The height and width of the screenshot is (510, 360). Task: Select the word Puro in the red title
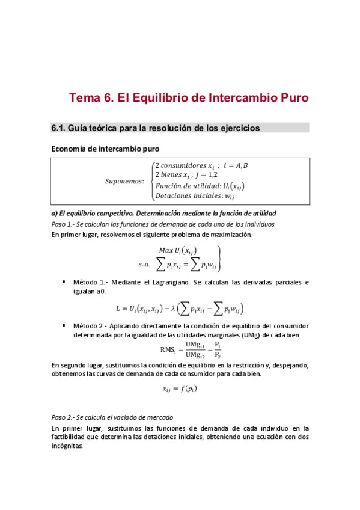coord(291,97)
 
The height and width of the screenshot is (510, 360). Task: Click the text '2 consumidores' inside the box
coord(178,165)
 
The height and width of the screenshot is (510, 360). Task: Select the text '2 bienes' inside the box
coord(168,175)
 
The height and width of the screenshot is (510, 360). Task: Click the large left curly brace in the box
coord(150,180)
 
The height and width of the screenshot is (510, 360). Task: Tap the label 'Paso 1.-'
coord(63,224)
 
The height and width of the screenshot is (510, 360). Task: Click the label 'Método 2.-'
coord(90,325)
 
